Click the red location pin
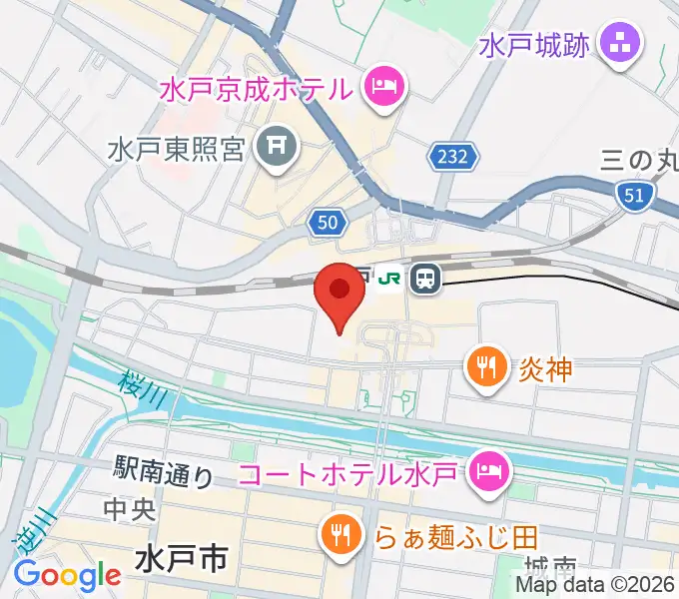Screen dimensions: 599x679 [339, 296]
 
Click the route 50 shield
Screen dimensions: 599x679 [328, 224]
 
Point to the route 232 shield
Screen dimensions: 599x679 [455, 155]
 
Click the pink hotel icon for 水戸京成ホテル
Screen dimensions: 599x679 [384, 87]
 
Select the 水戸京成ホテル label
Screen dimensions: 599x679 [257, 89]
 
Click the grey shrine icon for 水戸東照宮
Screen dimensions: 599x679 [275, 150]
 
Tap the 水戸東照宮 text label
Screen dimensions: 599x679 [177, 151]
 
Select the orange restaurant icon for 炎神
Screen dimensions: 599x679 [485, 368]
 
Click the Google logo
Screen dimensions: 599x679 [67, 575]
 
